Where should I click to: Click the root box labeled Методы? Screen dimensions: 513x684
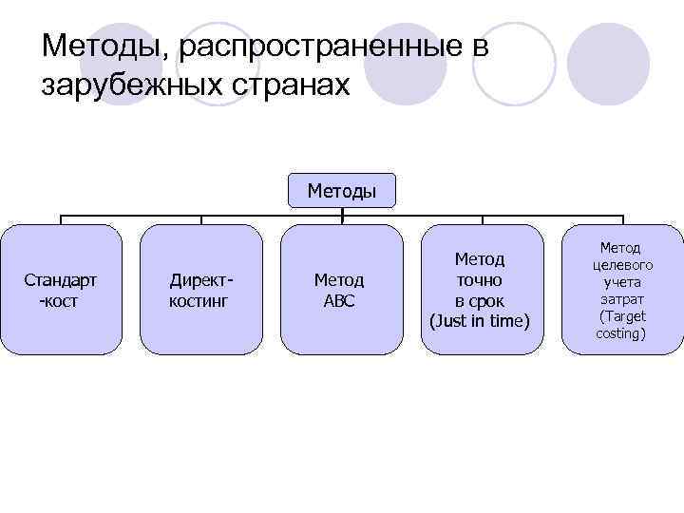[x=342, y=191]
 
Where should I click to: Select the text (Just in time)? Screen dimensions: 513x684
[x=479, y=321]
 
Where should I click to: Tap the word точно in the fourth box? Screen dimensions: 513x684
[x=479, y=280]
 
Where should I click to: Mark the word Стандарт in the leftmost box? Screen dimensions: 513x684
[x=61, y=280]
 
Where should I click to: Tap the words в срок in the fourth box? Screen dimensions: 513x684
[x=479, y=301]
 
